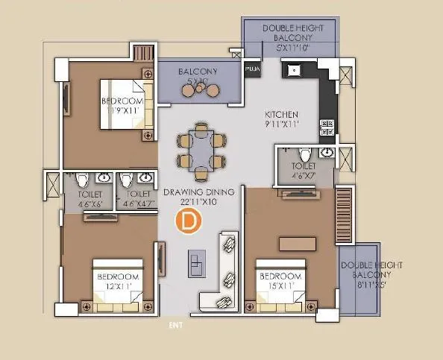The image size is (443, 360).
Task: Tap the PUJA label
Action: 253,70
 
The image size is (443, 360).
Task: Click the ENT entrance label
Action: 175,325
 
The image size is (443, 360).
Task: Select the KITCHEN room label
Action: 282,115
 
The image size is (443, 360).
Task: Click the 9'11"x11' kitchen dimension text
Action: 282,125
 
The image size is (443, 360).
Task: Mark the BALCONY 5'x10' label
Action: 197,72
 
